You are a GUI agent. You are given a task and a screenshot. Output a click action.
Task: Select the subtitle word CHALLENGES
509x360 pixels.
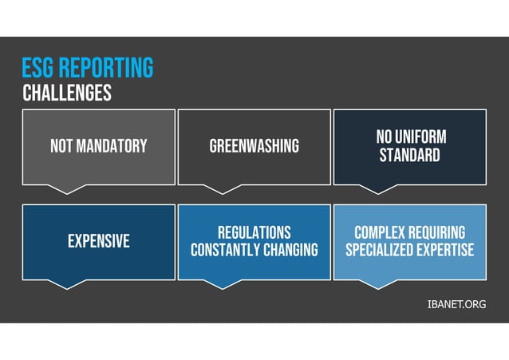coord(67,93)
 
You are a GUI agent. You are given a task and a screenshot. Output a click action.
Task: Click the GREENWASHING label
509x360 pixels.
coord(254,146)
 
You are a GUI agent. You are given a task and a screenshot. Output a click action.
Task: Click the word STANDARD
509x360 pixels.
coord(409,155)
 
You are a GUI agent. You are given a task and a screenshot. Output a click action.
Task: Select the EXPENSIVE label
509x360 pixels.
coord(98,241)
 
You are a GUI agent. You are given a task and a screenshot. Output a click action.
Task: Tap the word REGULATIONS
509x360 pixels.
coord(254,231)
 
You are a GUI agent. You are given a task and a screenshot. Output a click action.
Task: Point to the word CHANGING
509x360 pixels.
coord(287,250)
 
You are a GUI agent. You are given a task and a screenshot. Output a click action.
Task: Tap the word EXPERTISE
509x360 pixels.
coord(444,250)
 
